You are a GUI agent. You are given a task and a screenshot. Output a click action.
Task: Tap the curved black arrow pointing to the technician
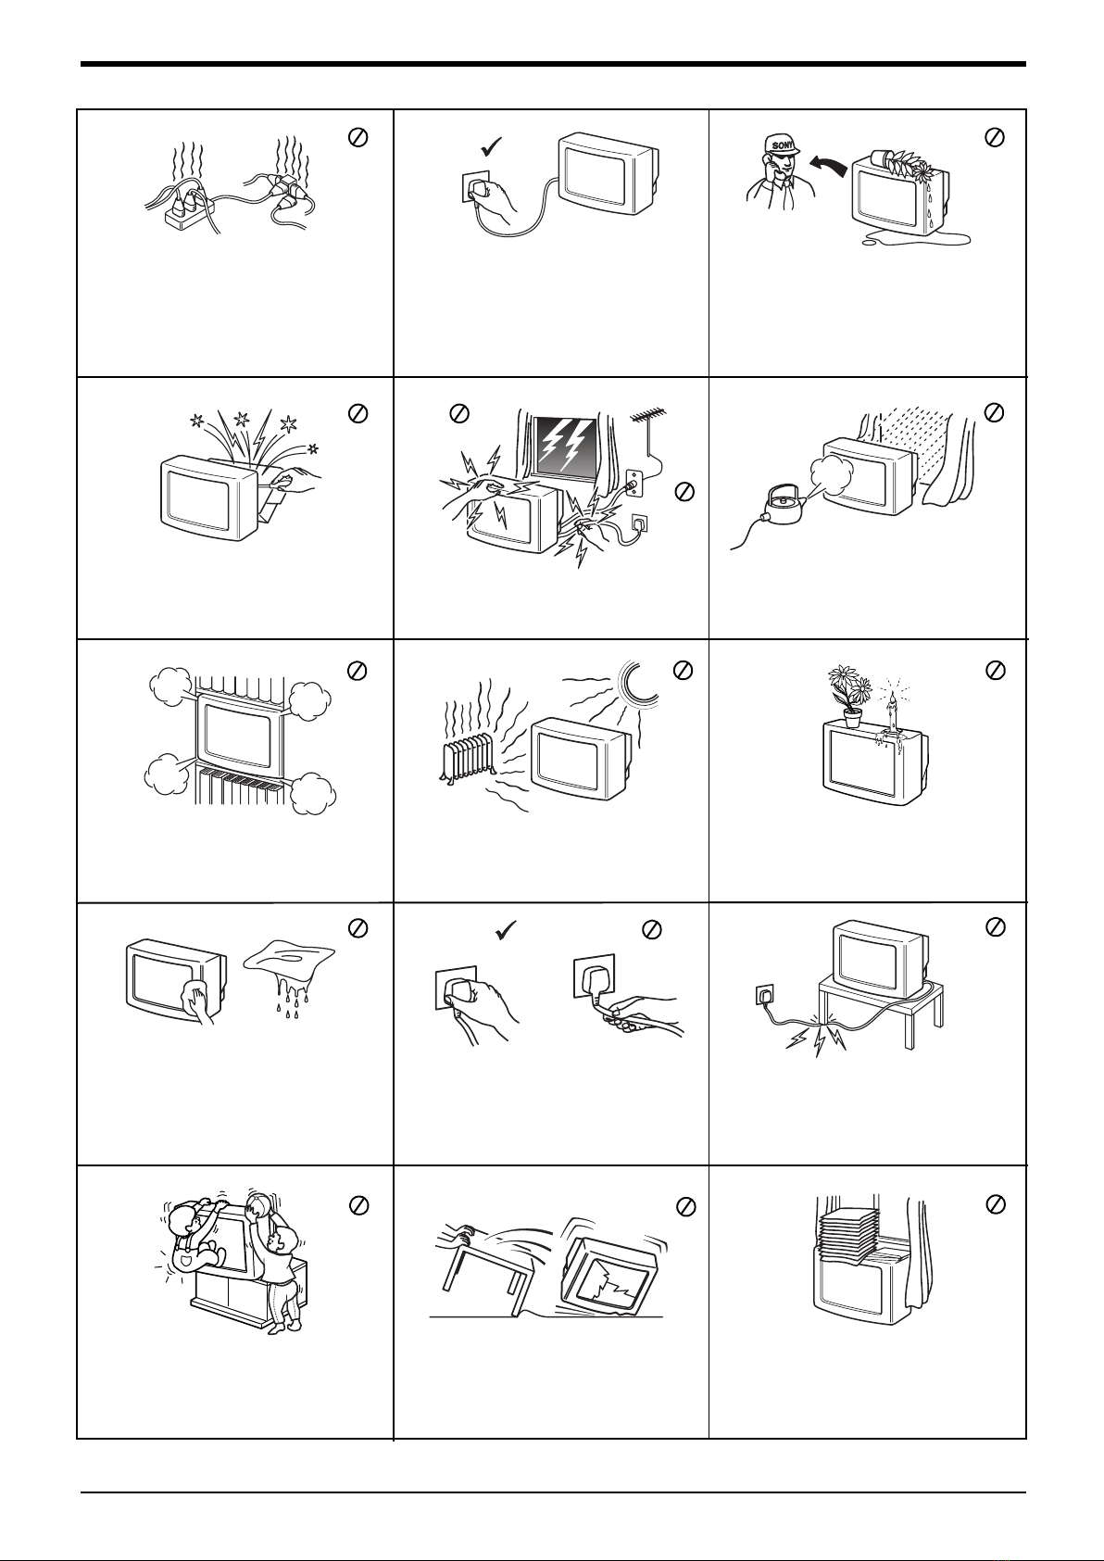[828, 165]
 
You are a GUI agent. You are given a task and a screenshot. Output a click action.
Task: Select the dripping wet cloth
[290, 976]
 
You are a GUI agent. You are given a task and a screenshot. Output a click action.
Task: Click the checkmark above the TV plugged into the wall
[492, 147]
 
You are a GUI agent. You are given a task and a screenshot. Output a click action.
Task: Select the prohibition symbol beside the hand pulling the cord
[651, 929]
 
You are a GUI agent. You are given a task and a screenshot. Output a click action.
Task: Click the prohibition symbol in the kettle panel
[994, 412]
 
